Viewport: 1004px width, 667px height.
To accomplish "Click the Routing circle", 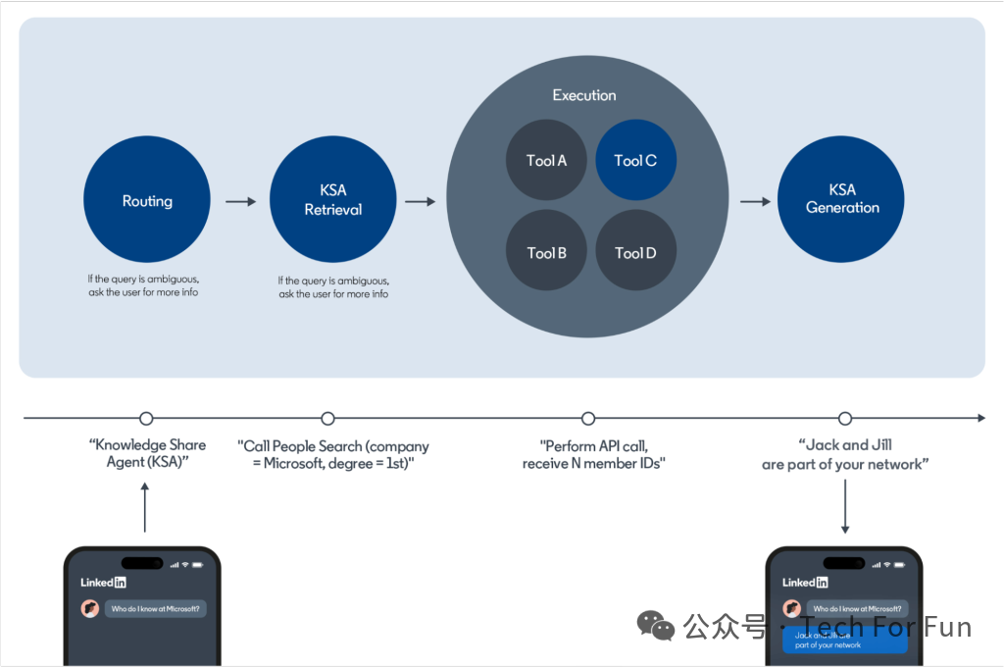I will pos(147,200).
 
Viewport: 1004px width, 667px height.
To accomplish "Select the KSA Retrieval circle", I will pos(333,200).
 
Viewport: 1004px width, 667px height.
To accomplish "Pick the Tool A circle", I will pos(546,161).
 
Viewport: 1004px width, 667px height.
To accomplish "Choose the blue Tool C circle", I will pos(635,161).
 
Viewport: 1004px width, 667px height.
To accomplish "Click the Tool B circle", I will pos(546,252).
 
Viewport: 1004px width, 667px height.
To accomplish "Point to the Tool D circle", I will pos(635,252).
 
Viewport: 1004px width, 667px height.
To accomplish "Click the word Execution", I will pos(584,95).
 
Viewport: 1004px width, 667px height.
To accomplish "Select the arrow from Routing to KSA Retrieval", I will pos(240,202).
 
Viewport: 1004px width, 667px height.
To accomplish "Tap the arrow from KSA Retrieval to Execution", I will pos(420,202).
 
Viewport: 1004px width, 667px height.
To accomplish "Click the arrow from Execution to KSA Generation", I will pos(755,202).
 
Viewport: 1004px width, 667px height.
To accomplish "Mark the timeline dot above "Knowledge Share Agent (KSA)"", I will pos(147,419).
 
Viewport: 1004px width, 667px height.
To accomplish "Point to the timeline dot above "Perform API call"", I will pos(588,419).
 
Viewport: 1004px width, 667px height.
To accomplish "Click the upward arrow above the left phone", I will pos(145,506).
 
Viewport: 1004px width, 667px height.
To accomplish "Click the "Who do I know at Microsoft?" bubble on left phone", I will pos(156,609).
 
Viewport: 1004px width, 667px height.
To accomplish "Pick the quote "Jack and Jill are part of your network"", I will pos(845,454).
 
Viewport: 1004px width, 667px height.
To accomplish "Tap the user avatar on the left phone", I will pos(90,608).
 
